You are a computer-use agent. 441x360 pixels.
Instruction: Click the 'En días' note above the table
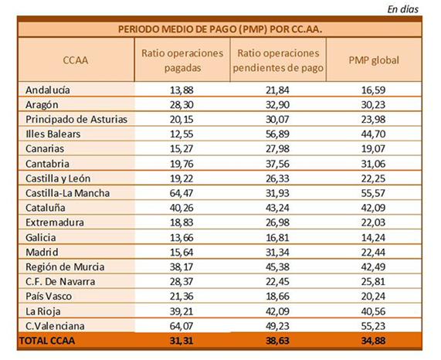(402, 9)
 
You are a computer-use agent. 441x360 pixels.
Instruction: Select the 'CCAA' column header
(76, 60)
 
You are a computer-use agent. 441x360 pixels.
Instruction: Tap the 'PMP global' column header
(374, 60)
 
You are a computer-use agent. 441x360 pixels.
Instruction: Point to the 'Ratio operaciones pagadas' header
(182, 60)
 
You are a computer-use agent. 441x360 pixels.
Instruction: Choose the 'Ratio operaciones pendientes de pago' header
(278, 60)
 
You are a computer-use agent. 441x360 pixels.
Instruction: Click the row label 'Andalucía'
(48, 90)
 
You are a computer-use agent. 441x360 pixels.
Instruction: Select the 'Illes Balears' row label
(53, 134)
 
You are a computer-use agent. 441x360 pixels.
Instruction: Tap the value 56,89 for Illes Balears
(277, 134)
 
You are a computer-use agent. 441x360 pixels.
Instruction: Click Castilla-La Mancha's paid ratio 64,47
(181, 193)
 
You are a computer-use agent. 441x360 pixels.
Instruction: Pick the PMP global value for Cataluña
(373, 208)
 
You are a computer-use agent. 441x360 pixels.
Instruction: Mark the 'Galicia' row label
(40, 238)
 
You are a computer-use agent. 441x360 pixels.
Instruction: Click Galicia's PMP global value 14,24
(373, 238)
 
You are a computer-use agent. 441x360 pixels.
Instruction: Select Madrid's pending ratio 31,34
(277, 253)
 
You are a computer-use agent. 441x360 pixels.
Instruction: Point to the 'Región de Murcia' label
(65, 267)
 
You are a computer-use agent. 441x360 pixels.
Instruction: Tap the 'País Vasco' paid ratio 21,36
(181, 297)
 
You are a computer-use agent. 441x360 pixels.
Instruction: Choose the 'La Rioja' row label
(43, 311)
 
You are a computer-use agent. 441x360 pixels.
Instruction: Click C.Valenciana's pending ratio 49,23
(277, 326)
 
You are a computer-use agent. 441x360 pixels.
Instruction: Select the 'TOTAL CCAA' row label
(47, 341)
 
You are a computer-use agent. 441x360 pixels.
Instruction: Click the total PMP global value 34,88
(373, 341)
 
